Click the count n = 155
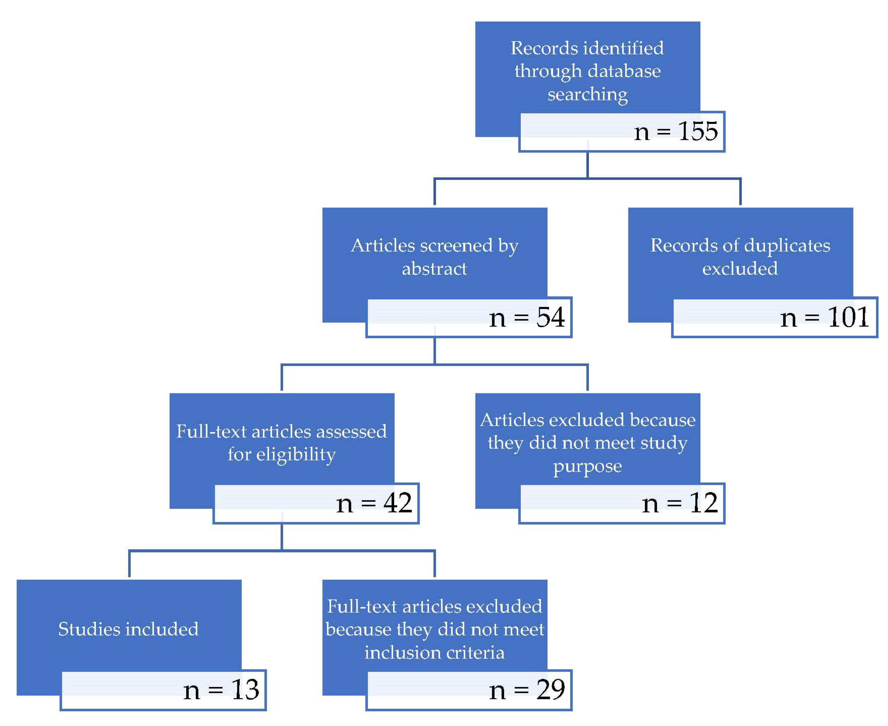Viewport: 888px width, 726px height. [x=676, y=131]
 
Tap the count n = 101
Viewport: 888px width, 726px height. [x=824, y=317]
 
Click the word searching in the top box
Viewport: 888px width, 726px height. [x=588, y=95]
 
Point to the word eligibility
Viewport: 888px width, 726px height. [x=296, y=455]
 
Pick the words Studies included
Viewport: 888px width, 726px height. [x=128, y=629]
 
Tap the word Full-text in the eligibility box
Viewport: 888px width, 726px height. [x=211, y=431]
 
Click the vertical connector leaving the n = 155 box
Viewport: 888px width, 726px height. [x=588, y=165]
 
